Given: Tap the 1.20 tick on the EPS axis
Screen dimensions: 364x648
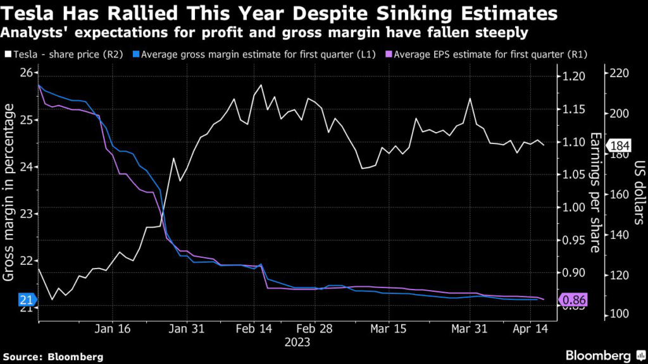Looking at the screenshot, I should [x=573, y=77].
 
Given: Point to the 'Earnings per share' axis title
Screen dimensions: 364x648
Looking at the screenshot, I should [x=595, y=193].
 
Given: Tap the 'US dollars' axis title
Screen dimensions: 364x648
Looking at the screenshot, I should [x=637, y=193].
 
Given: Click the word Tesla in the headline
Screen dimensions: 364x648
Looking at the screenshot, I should [x=26, y=13].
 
